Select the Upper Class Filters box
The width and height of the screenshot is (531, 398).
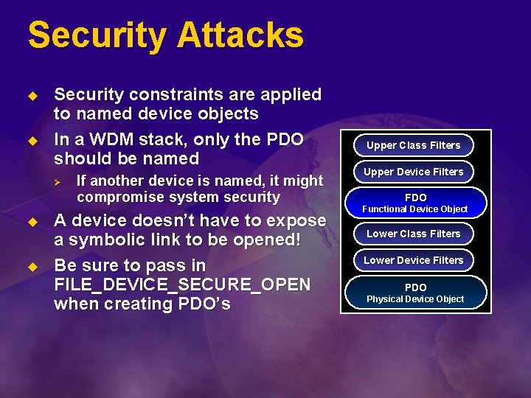pos(413,145)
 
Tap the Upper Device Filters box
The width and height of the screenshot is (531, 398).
pos(413,172)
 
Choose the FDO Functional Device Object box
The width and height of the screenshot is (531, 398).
pos(414,203)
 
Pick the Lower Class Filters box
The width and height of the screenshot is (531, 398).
pos(413,234)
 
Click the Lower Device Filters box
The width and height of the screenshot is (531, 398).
pos(413,260)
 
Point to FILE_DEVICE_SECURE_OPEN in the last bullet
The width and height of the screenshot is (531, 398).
pos(182,284)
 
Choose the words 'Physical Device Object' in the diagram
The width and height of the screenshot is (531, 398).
pos(415,299)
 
